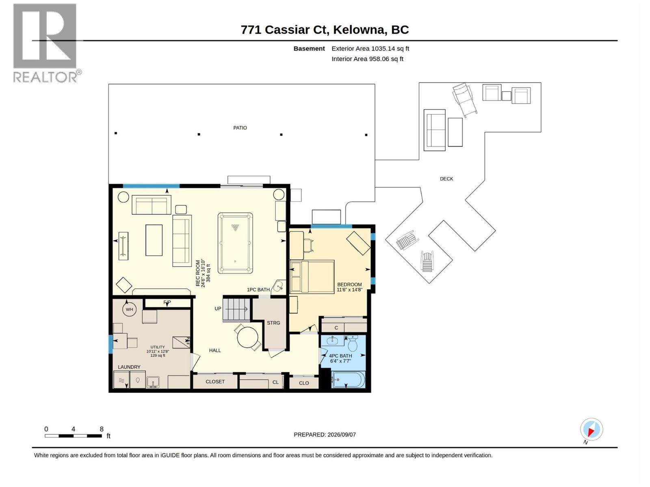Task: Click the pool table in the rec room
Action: [235, 243]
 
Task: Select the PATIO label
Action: [240, 128]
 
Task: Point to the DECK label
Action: [446, 179]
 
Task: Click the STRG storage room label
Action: [273, 323]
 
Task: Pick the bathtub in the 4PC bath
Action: [348, 380]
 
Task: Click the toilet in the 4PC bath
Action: [352, 343]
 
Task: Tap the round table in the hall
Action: [247, 337]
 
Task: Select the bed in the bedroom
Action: [312, 277]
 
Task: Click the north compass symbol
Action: [591, 429]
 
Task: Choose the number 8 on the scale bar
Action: [102, 429]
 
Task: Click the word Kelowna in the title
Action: [360, 30]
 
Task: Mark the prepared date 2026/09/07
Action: [341, 435]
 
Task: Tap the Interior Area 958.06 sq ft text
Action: [367, 59]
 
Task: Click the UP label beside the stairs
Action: [218, 309]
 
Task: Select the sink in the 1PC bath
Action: [278, 286]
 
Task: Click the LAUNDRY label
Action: [129, 367]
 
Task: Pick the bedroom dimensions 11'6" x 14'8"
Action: [349, 290]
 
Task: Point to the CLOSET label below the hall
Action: [215, 382]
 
